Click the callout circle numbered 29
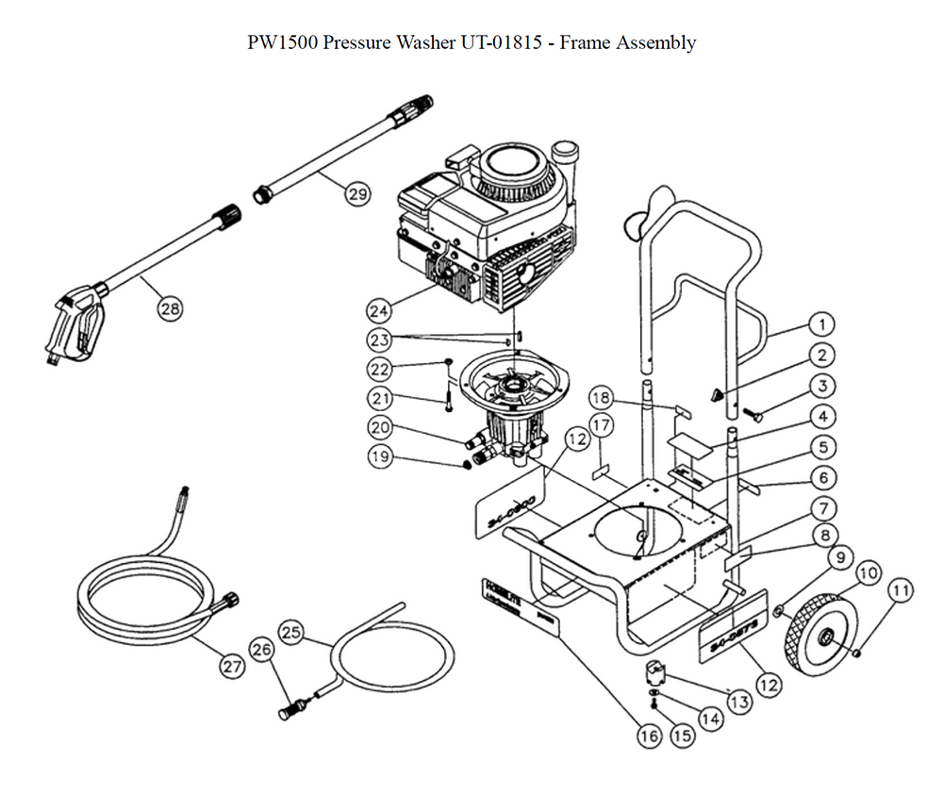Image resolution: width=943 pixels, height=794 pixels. [x=357, y=195]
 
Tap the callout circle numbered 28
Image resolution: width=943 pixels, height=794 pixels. [x=171, y=308]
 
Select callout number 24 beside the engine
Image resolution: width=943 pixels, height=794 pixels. [x=379, y=309]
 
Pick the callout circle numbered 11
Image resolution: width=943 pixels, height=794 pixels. [x=902, y=591]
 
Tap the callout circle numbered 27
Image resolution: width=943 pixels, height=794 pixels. [x=232, y=666]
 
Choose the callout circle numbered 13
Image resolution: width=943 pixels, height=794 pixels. [x=737, y=702]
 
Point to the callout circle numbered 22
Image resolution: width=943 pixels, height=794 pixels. [x=379, y=368]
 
